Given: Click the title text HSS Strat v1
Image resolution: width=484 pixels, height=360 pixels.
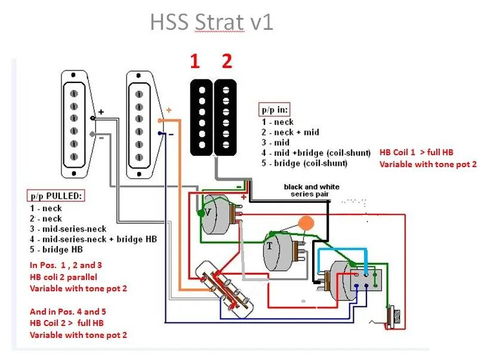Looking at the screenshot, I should (211, 22).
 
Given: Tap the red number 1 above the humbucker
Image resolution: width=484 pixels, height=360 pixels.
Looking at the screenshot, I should (195, 61).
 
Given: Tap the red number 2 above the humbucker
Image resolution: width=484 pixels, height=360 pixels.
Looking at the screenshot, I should (226, 61).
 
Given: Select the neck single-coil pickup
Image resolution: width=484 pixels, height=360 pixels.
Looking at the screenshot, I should (75, 123).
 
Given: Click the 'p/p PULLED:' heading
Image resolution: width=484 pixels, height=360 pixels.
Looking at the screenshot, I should (57, 196).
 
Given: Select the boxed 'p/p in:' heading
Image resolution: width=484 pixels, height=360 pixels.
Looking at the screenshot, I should (275, 110).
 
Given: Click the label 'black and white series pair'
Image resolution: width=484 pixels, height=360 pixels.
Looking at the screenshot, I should (312, 190).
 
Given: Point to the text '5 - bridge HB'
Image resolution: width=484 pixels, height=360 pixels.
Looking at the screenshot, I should (57, 249).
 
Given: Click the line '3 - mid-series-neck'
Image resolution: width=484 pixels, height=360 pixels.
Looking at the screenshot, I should (68, 229).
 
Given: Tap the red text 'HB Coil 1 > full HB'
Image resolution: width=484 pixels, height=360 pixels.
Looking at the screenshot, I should (416, 152).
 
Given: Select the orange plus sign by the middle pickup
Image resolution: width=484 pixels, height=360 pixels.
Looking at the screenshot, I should (168, 110).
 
